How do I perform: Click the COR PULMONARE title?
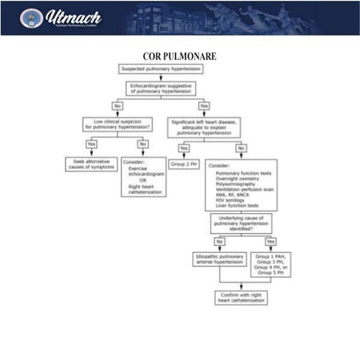[x=180, y=56]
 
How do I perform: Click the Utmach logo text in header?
[x=73, y=17]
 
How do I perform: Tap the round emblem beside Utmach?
[x=31, y=17]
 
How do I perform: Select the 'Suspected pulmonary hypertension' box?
[x=160, y=69]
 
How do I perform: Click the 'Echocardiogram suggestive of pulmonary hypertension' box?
[x=161, y=88]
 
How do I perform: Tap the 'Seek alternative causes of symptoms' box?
[x=89, y=164]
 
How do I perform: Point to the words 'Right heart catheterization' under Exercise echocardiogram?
[x=144, y=189]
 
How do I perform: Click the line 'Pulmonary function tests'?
[x=241, y=173]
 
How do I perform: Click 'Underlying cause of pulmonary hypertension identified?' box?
[x=241, y=223]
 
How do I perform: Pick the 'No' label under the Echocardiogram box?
[x=117, y=105]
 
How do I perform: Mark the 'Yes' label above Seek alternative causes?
[x=90, y=143]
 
